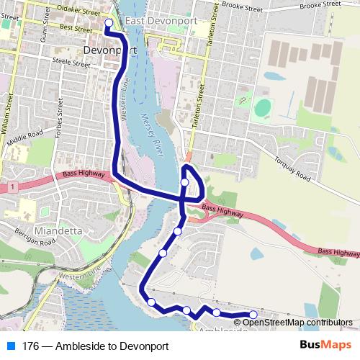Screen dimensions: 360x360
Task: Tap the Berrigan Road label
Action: tap(33, 238)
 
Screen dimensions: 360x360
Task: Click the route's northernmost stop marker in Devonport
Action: tap(109, 23)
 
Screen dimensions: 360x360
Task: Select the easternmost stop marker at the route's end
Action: tap(253, 315)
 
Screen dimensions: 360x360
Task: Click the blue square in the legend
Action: tap(10, 346)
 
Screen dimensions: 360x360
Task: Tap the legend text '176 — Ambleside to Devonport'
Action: tap(95, 346)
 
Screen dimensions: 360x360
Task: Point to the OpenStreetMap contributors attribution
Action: tap(297, 323)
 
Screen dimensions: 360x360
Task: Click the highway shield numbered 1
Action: tap(12, 187)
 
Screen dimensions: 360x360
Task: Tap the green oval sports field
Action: tap(263, 109)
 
